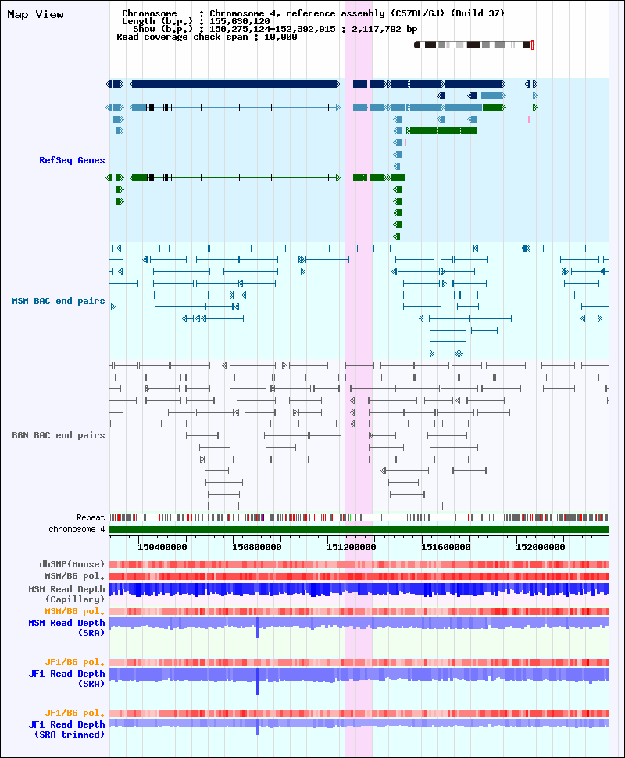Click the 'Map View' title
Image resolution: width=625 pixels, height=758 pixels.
click(x=35, y=15)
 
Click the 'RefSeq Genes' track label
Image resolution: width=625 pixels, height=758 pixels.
click(x=72, y=160)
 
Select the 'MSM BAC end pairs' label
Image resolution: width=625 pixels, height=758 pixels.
click(x=59, y=301)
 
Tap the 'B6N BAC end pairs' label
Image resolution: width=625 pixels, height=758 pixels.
click(x=59, y=435)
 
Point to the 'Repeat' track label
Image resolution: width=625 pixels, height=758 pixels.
click(x=91, y=518)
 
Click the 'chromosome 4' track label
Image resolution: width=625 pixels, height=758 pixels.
click(x=77, y=529)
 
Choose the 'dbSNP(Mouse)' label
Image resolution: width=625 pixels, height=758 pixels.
click(x=72, y=564)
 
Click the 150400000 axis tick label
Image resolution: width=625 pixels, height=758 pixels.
click(x=162, y=547)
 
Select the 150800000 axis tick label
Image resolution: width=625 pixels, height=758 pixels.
click(x=257, y=547)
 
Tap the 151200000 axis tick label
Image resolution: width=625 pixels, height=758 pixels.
click(x=352, y=547)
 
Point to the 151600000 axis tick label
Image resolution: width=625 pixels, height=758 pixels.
click(x=445, y=547)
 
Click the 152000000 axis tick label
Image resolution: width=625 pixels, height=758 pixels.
click(x=541, y=547)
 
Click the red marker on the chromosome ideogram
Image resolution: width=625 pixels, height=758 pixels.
click(x=532, y=45)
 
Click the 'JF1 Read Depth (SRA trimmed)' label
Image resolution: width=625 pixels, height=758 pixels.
click(x=66, y=730)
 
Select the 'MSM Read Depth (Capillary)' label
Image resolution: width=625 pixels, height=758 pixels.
click(x=66, y=594)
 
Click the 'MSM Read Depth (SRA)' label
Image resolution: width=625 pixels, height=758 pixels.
click(x=66, y=628)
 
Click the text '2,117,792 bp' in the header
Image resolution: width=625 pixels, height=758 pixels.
click(x=384, y=29)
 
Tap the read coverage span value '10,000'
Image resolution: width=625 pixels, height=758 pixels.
click(x=280, y=37)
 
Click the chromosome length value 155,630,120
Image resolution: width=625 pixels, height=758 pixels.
click(x=239, y=21)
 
